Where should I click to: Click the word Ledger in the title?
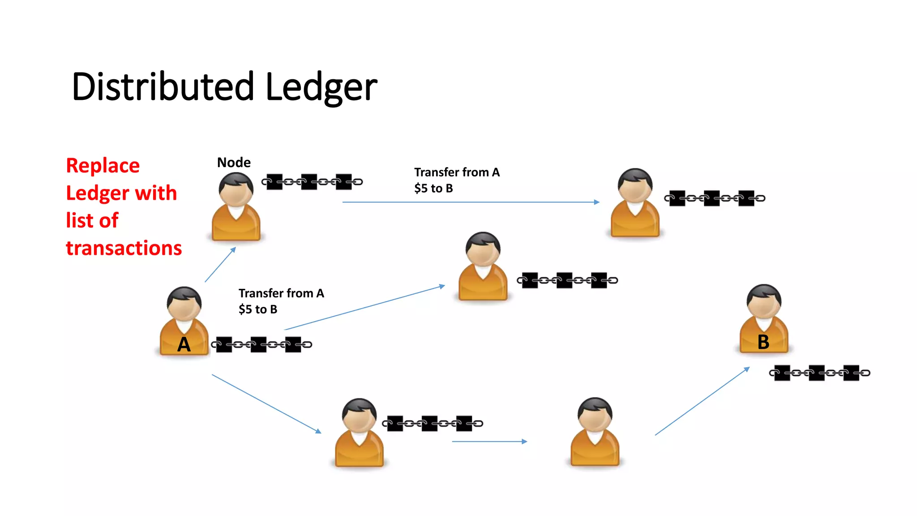(x=321, y=87)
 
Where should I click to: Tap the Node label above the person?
(x=234, y=162)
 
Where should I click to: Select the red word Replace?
(x=103, y=165)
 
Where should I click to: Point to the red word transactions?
(x=124, y=248)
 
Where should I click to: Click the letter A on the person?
(x=184, y=344)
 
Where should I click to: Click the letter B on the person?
(x=763, y=342)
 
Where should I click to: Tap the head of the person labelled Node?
(x=236, y=188)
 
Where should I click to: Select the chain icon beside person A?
(x=261, y=344)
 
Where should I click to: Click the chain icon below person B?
(x=819, y=373)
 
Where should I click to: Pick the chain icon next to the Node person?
(x=312, y=182)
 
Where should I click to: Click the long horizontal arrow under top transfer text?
(x=470, y=202)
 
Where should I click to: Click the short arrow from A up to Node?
(x=220, y=264)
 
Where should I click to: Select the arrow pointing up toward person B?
(x=702, y=401)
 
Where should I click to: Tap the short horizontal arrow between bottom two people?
(x=489, y=441)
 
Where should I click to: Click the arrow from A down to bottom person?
(x=266, y=404)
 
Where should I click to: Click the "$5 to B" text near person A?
(x=258, y=309)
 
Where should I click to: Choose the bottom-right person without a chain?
(x=595, y=432)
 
